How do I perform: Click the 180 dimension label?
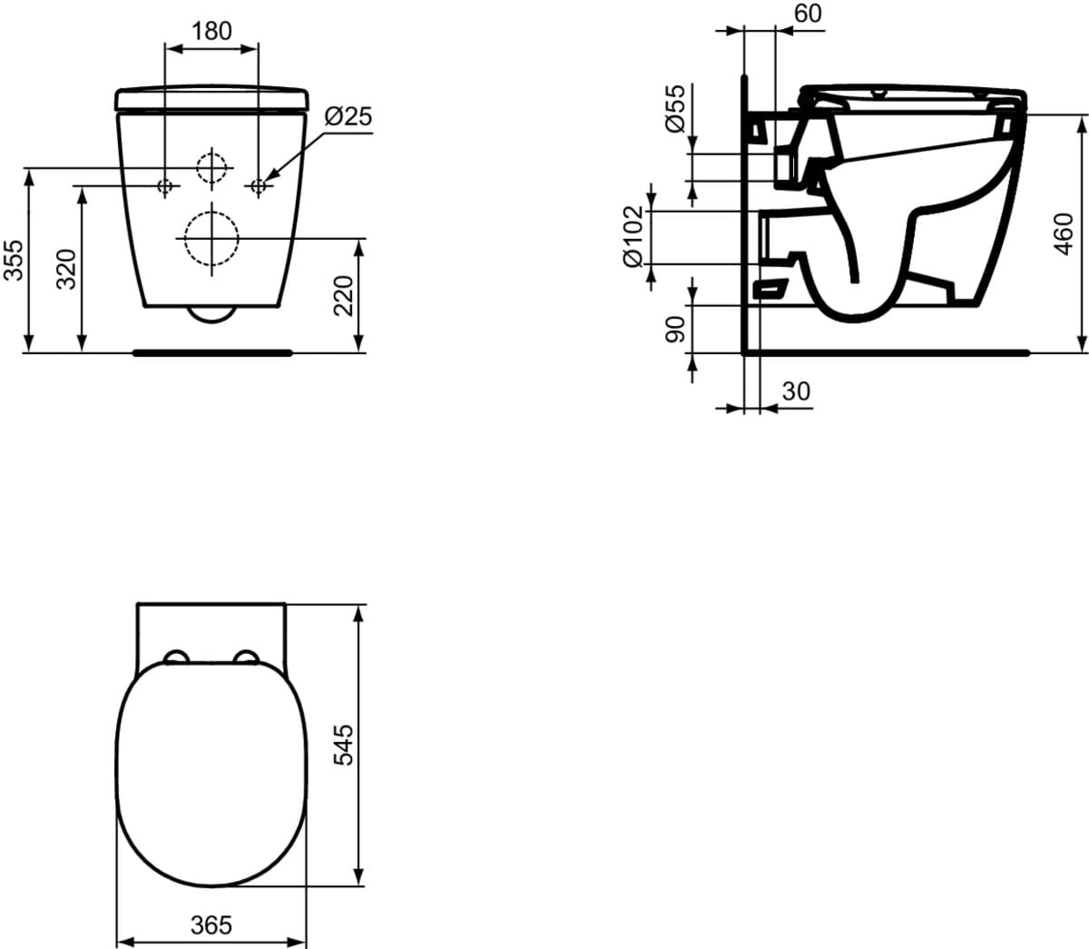211,31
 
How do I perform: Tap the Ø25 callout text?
348,116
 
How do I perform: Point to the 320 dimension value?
67,270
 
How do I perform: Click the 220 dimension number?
344,296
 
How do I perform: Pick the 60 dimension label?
808,14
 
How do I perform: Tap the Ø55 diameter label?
675,108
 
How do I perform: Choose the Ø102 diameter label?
633,237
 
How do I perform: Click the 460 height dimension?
1064,234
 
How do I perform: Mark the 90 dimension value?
674,329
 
